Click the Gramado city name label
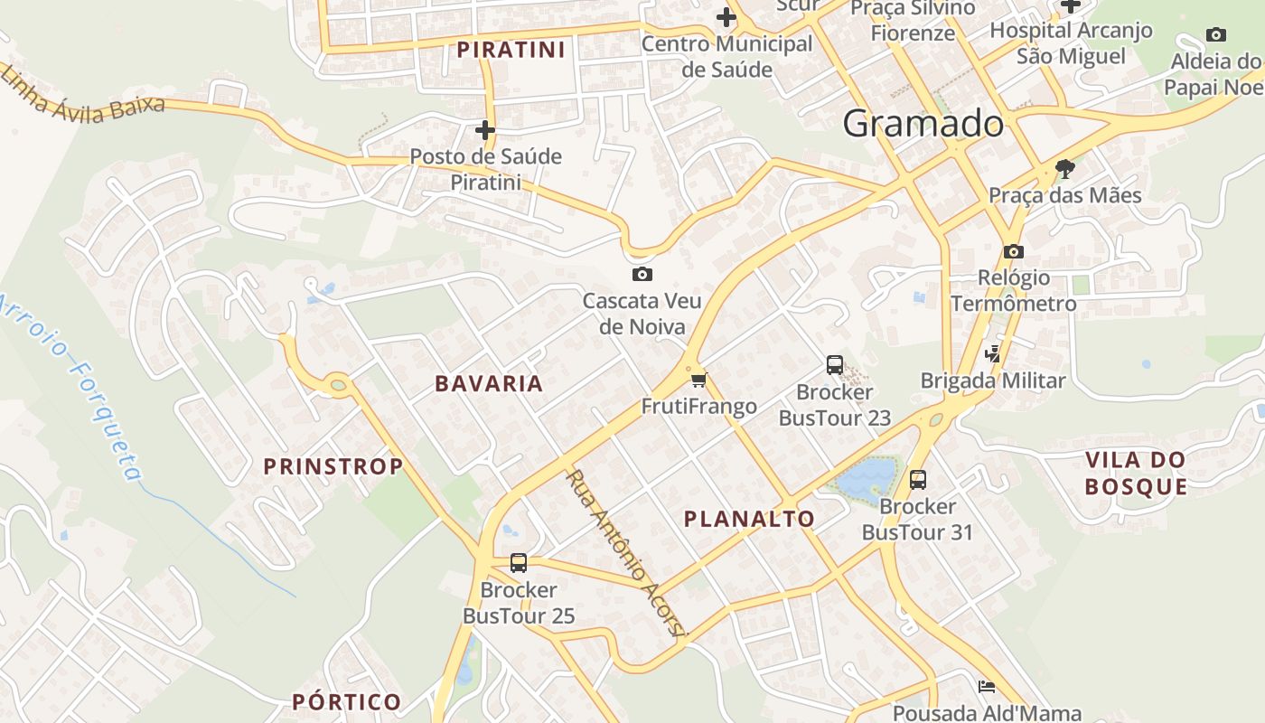pyautogui.click(x=923, y=124)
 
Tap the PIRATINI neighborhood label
pyautogui.click(x=511, y=50)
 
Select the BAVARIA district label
pyautogui.click(x=489, y=383)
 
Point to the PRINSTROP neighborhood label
pyautogui.click(x=333, y=466)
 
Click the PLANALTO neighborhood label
pyautogui.click(x=749, y=519)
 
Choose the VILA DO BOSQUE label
pyautogui.click(x=1136, y=473)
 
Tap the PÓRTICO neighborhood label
pyautogui.click(x=346, y=701)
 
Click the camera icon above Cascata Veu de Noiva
pyautogui.click(x=642, y=274)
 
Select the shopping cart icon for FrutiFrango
pyautogui.click(x=698, y=380)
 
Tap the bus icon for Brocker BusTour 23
pyautogui.click(x=835, y=365)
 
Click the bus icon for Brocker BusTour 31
pyautogui.click(x=918, y=479)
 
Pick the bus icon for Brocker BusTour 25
pyautogui.click(x=519, y=562)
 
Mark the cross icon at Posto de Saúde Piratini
pyautogui.click(x=485, y=130)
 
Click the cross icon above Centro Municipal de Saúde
pyautogui.click(x=726, y=17)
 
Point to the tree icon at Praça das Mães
pyautogui.click(x=1065, y=168)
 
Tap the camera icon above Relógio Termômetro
pyautogui.click(x=1013, y=251)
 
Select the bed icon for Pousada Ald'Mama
pyautogui.click(x=987, y=687)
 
